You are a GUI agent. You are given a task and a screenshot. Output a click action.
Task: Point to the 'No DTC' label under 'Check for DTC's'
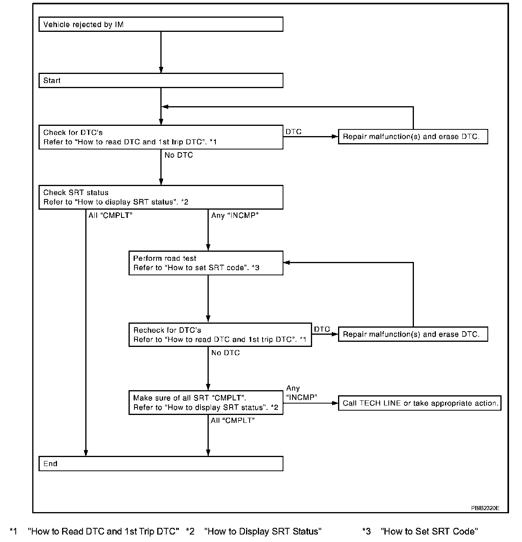click(179, 155)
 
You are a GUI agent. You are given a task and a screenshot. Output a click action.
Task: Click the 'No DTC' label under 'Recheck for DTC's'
click(226, 353)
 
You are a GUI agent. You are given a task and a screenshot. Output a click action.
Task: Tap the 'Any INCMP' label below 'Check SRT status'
click(235, 216)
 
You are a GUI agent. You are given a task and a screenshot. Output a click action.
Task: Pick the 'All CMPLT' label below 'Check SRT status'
click(110, 215)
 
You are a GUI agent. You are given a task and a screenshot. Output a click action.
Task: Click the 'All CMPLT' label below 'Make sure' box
click(233, 420)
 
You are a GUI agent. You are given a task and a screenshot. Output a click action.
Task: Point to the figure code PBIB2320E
click(485, 508)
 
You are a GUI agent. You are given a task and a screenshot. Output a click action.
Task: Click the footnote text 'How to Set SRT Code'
click(429, 531)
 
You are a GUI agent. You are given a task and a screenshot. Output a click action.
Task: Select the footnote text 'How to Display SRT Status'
click(263, 531)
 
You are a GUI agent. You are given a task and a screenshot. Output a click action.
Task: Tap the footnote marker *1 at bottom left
click(14, 531)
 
